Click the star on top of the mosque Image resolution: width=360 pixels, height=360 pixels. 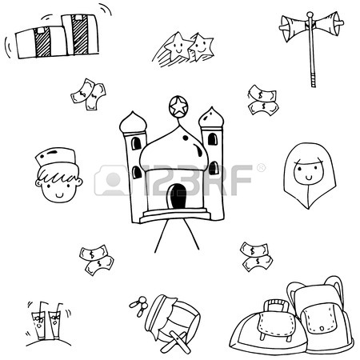tap(178, 106)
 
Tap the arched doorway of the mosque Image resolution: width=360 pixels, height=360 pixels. tap(178, 196)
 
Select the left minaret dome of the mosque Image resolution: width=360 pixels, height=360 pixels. tap(133, 122)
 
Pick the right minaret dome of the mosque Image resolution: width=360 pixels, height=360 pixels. tap(211, 118)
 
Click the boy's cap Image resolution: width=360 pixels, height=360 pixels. tap(58, 157)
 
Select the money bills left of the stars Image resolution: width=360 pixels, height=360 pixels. tap(88, 94)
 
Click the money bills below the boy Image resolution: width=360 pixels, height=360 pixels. tap(96, 259)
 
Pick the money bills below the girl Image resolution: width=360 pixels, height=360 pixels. tap(256, 256)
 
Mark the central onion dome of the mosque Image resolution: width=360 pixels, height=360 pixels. tap(174, 150)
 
